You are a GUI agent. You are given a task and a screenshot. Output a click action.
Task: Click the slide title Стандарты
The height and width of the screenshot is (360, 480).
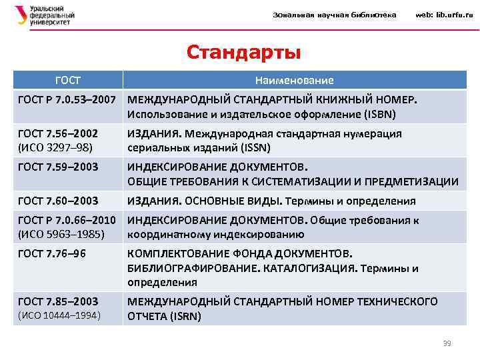pos(243,51)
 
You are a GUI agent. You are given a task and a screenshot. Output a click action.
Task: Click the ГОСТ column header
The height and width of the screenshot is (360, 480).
pos(67,80)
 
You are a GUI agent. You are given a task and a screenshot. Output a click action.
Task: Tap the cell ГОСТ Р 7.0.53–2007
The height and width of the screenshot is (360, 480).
pos(67,99)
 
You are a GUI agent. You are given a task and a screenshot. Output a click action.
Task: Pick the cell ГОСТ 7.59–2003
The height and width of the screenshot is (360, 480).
pos(58,166)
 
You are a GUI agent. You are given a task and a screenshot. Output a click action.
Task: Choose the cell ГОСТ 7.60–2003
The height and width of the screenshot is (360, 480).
pos(58,200)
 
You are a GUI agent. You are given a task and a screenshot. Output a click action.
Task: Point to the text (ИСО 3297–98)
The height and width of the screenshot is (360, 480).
pos(55,147)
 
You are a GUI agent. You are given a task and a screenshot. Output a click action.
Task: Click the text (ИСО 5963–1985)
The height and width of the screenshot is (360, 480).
pos(60,234)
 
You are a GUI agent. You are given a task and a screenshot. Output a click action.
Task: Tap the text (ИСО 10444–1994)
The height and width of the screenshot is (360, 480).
pos(59,315)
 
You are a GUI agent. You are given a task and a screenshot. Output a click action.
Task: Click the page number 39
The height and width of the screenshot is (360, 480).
pos(447,343)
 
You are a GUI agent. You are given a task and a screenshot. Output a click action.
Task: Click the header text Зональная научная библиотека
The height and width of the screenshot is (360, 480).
pos(334,15)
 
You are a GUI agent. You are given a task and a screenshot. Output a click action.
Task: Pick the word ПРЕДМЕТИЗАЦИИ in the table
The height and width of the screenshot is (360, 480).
pos(412,181)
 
